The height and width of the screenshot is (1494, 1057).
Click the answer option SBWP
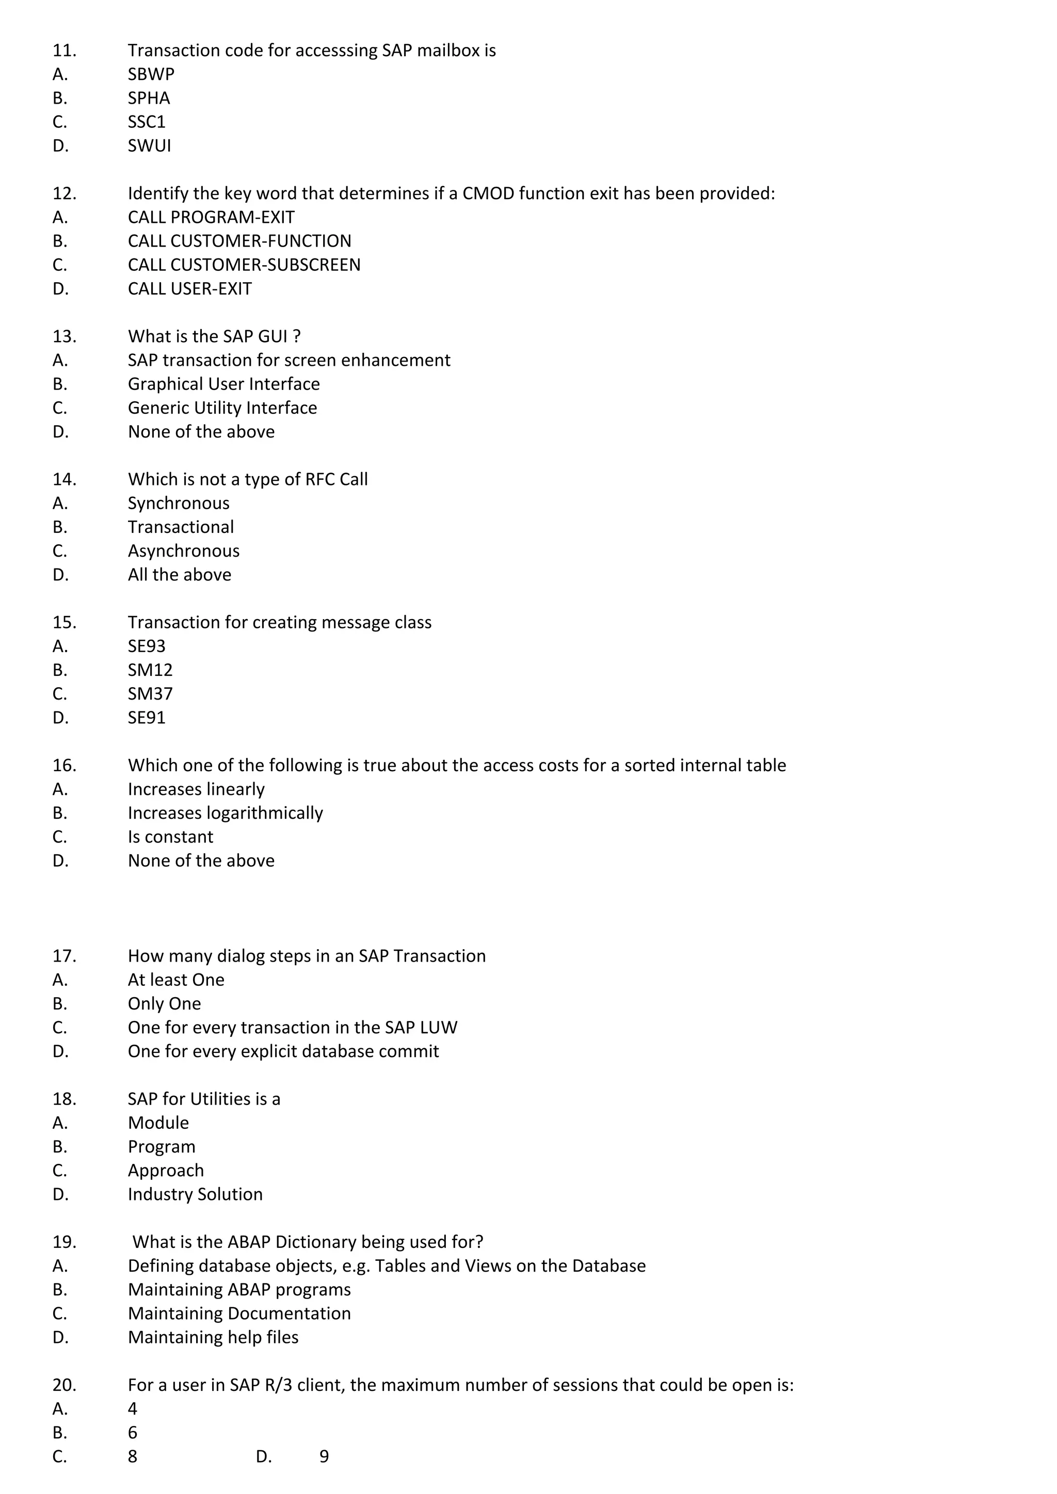coord(151,74)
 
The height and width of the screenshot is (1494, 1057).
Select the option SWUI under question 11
coord(149,146)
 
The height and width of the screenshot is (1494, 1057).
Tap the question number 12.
coord(65,193)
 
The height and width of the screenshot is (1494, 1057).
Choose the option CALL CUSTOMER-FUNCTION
coord(239,241)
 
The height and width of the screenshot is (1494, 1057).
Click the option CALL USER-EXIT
coord(189,289)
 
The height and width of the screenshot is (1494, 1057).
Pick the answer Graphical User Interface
coord(223,384)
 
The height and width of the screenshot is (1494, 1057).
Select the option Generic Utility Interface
coord(222,408)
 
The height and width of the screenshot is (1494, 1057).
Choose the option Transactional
coord(180,527)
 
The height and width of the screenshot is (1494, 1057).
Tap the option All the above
coord(179,575)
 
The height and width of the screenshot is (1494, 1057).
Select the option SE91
coord(147,718)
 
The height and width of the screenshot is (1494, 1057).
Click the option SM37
coord(150,694)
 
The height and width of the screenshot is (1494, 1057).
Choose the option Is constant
coord(170,837)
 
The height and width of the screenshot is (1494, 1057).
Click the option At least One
coord(175,980)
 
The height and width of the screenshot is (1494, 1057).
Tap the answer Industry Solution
coord(195,1194)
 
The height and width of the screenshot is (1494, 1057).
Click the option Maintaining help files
coord(213,1337)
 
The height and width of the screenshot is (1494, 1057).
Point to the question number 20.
coord(65,1385)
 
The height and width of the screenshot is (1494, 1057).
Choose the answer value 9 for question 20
coord(324,1456)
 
